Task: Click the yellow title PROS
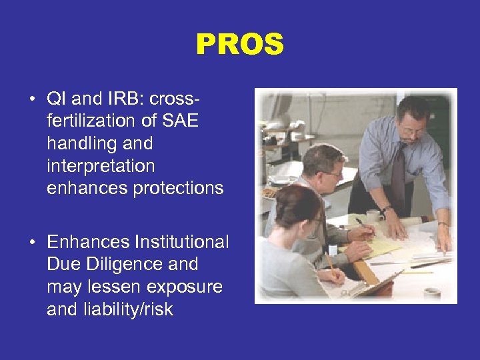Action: pyautogui.click(x=240, y=45)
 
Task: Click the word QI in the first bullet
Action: pyautogui.click(x=56, y=99)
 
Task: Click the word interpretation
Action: pyautogui.click(x=100, y=166)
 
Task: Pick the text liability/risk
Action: pyautogui.click(x=110, y=309)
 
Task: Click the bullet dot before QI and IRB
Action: pyautogui.click(x=32, y=100)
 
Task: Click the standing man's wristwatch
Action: pyautogui.click(x=386, y=211)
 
